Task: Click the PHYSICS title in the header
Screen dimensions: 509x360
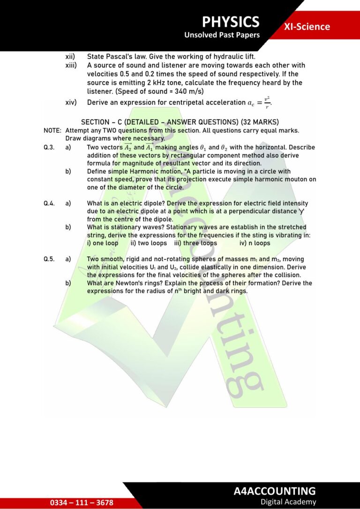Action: click(231, 22)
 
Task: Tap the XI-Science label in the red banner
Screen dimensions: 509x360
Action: click(307, 27)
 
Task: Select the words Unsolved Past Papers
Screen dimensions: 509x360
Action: click(222, 35)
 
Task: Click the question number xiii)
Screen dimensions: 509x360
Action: click(71, 65)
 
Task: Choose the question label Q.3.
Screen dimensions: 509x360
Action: click(49, 147)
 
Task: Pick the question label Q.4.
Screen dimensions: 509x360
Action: click(49, 203)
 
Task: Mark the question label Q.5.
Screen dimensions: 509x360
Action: click(49, 259)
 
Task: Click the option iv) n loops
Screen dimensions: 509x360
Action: click(255, 243)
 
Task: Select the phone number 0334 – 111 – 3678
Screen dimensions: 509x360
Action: click(82, 502)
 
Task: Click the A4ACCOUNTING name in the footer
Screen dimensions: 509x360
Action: click(275, 491)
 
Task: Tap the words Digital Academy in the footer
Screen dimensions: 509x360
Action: click(288, 502)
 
